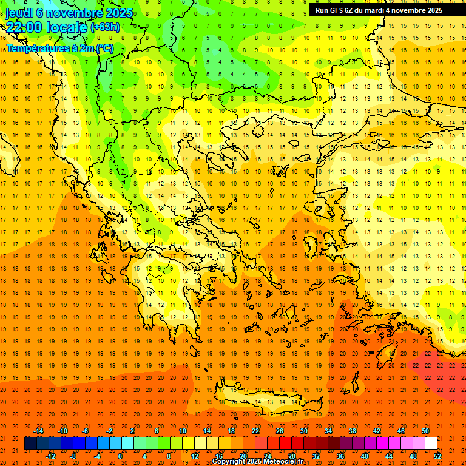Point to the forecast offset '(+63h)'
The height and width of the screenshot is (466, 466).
(105, 27)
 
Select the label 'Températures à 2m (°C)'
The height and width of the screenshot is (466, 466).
(59, 48)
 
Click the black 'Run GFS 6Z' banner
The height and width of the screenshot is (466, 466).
(379, 10)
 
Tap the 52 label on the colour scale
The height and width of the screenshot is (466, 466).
(438, 456)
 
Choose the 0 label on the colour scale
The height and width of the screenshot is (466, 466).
(120, 456)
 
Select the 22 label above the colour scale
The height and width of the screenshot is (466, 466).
(255, 431)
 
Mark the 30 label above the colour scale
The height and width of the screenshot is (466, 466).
(303, 431)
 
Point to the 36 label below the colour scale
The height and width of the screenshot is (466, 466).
(340, 456)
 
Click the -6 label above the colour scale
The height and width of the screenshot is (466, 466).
(86, 431)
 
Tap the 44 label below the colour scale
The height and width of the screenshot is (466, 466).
(389, 456)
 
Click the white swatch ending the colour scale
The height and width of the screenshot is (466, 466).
(431, 444)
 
